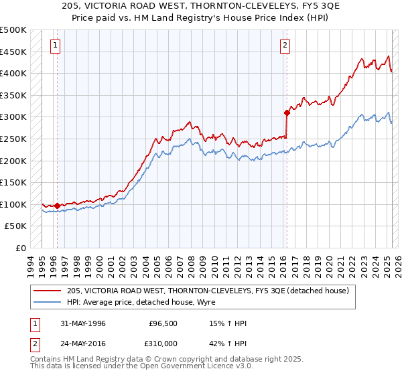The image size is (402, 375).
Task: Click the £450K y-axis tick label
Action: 13,52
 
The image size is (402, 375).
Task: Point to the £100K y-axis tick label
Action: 13,204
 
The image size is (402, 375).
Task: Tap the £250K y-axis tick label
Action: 13,139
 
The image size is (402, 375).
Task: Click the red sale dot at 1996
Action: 58,206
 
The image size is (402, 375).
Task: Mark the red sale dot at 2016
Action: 287,112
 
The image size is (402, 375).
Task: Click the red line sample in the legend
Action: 48,291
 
